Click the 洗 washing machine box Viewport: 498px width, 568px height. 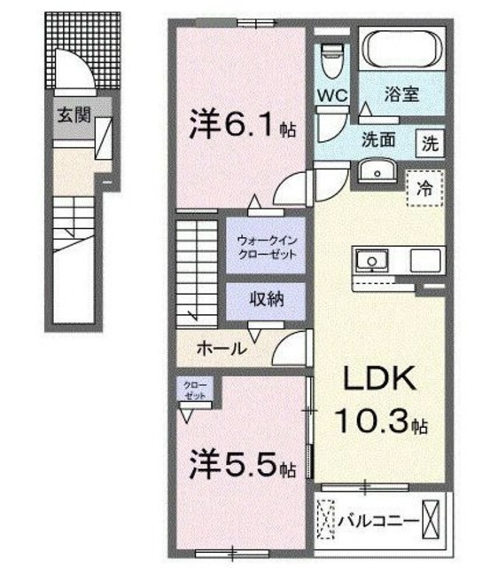click(x=430, y=143)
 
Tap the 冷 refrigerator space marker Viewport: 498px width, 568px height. click(x=424, y=187)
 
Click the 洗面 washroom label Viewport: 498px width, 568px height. click(x=377, y=141)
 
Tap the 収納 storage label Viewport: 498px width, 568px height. click(x=266, y=299)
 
